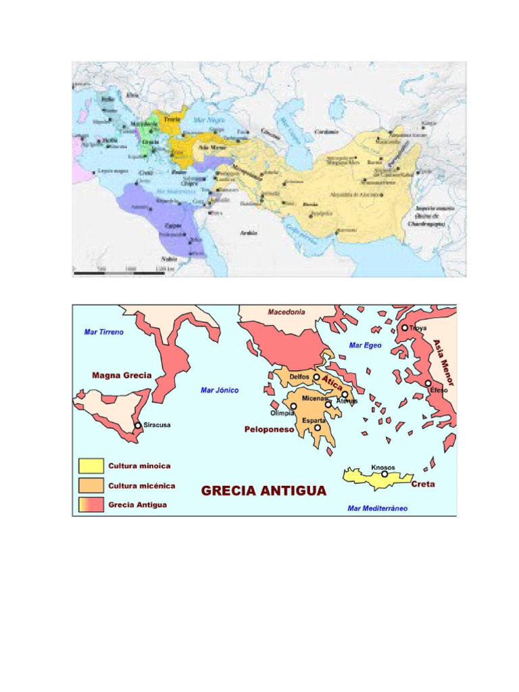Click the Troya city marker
pos(405,328)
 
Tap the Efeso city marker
pos(428,383)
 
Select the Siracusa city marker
pos(138,425)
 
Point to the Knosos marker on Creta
pos(385,474)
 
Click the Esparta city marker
pos(317,428)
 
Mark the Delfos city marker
pos(316,377)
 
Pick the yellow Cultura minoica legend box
pos(91,466)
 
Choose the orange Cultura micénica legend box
pos(91,485)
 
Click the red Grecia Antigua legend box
pos(91,504)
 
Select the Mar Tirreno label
pos(103,332)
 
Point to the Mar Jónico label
pos(220,390)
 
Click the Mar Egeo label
pos(365,345)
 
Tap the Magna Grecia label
pos(122,375)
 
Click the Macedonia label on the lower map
pos(287,312)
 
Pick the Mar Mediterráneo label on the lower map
pos(378,508)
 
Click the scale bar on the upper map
pos(118,272)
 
